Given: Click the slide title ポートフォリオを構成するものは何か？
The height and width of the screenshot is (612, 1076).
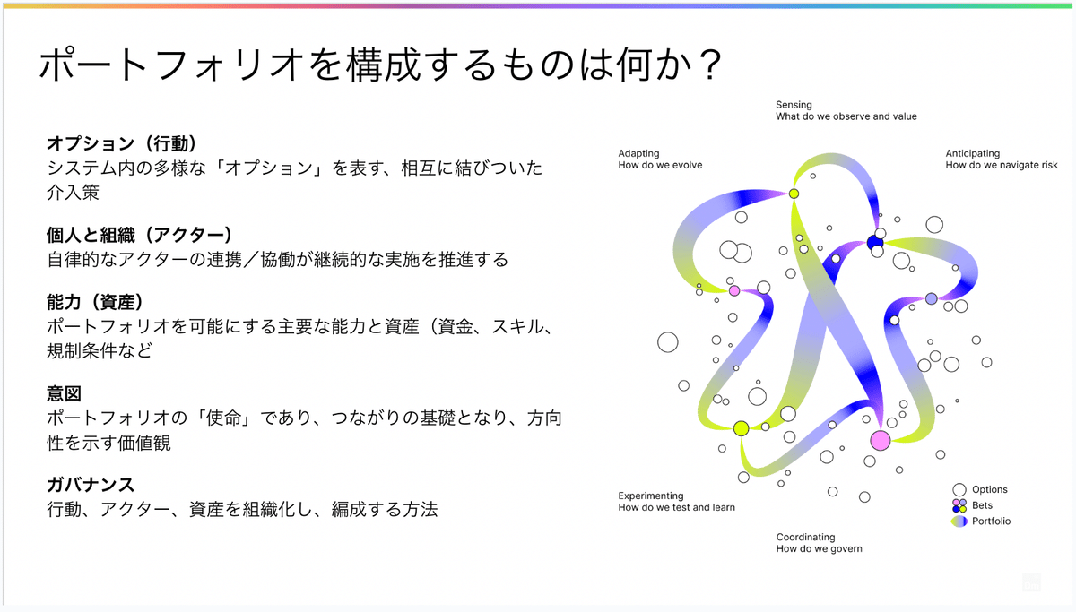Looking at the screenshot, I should click(380, 66).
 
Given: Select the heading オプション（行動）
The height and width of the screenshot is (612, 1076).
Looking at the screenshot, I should click(121, 143).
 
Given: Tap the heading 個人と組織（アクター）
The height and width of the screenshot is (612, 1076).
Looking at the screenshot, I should click(139, 235).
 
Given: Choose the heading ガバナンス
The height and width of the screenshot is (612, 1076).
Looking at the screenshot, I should click(91, 486).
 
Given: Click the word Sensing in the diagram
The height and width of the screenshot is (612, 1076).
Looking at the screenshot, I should click(794, 105).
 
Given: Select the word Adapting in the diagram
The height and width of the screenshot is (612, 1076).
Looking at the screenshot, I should click(638, 153).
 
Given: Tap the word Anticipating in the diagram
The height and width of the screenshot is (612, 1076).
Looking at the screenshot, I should click(972, 153).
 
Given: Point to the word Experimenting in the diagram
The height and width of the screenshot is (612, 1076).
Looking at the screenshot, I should click(651, 496).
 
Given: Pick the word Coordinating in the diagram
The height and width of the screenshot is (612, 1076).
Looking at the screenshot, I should click(805, 537).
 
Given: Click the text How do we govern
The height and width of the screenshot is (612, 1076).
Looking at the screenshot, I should click(819, 548).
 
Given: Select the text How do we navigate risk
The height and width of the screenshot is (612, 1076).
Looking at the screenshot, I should click(1002, 165).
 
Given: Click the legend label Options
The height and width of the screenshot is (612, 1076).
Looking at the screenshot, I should click(989, 489).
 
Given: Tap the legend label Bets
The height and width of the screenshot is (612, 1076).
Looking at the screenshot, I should click(982, 505).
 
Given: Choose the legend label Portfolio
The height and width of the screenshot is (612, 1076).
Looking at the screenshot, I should click(991, 521).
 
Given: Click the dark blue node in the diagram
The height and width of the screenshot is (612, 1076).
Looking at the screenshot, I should click(875, 242).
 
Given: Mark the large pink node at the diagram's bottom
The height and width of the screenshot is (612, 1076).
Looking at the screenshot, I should click(880, 440).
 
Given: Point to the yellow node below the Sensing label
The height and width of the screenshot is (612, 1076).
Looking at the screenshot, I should click(794, 194).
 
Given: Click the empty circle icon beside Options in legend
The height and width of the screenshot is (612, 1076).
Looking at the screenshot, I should click(959, 489).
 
